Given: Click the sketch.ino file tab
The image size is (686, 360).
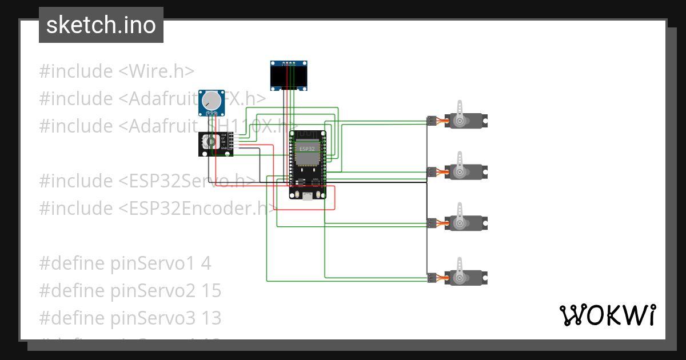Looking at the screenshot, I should point(101,25).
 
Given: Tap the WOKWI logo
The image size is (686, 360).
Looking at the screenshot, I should point(607,315).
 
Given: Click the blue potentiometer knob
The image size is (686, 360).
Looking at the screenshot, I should point(212,101).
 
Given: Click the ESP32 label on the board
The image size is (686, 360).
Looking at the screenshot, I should point(307,149).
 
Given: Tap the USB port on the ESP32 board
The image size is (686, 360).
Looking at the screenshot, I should point(308,197).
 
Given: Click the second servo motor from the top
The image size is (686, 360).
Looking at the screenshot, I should point(466,171).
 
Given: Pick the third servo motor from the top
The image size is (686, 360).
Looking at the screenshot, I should point(466,223).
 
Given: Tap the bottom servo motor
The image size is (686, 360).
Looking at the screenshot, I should point(466,278).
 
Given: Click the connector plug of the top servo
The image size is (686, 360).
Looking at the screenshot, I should point(431,121).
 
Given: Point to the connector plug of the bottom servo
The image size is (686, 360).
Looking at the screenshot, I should point(431,278).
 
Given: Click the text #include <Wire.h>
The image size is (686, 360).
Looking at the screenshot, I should point(117,71).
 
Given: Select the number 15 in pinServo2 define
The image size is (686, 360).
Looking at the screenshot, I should point(211,291).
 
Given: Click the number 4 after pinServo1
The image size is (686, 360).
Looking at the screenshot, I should point(206,263).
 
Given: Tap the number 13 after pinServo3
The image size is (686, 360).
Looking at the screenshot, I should point(211,318).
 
